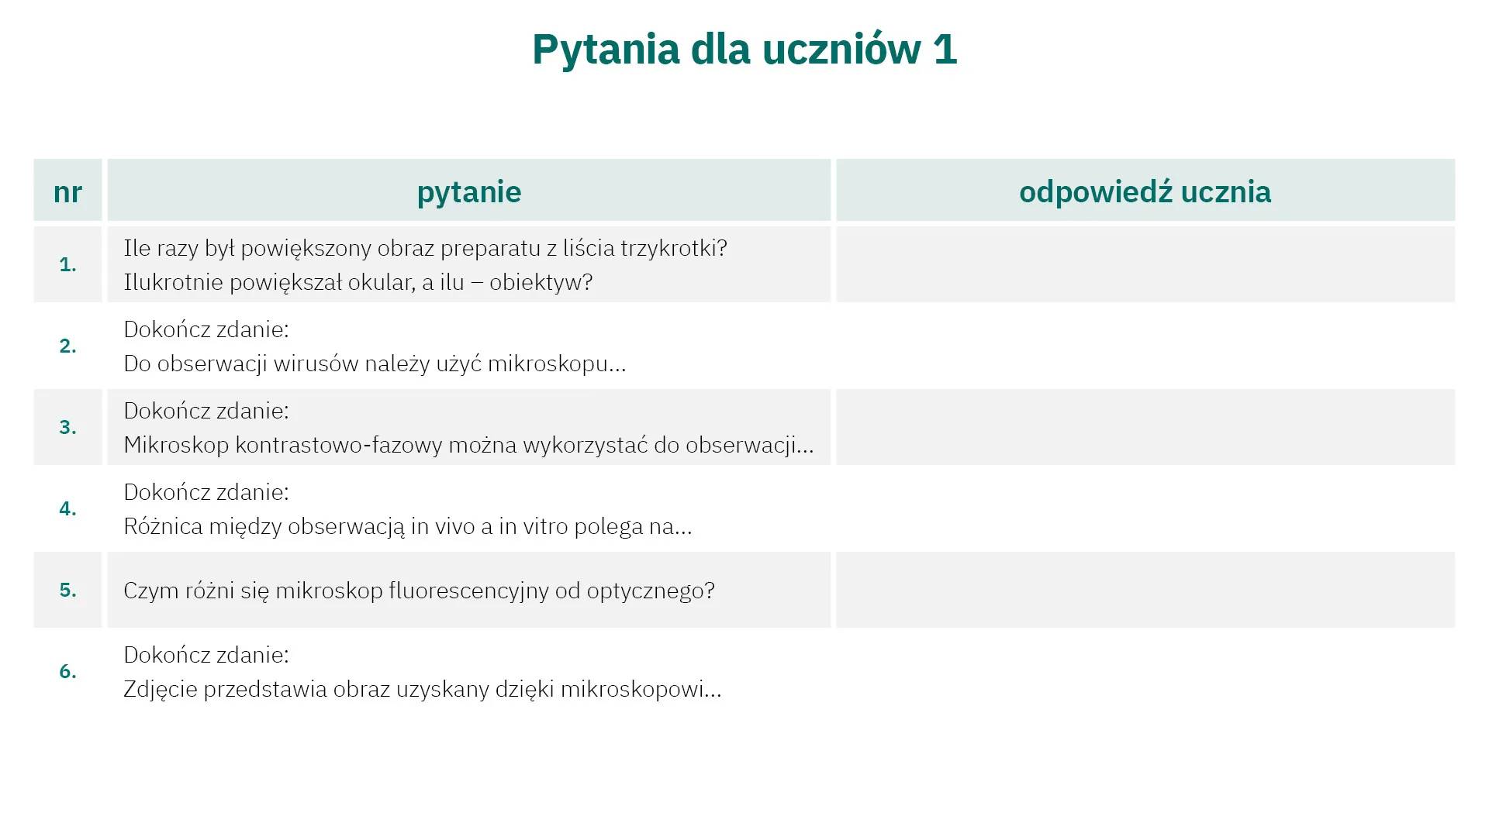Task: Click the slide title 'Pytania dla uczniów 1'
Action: pyautogui.click(x=744, y=50)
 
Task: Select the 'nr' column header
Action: pyautogui.click(x=67, y=192)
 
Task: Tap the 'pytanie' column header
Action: pyautogui.click(x=469, y=192)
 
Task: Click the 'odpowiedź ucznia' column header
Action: pyautogui.click(x=1145, y=192)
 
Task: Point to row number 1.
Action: pyautogui.click(x=67, y=265)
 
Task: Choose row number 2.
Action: pyautogui.click(x=67, y=346)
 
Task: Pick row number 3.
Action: pyautogui.click(x=67, y=428)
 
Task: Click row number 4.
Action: pyautogui.click(x=67, y=509)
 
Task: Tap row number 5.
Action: pyautogui.click(x=67, y=591)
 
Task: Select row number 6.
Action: pyautogui.click(x=67, y=672)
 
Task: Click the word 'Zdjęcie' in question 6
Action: pyautogui.click(x=161, y=690)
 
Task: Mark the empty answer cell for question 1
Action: pyautogui.click(x=1145, y=264)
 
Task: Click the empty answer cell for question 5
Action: pyautogui.click(x=1145, y=590)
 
